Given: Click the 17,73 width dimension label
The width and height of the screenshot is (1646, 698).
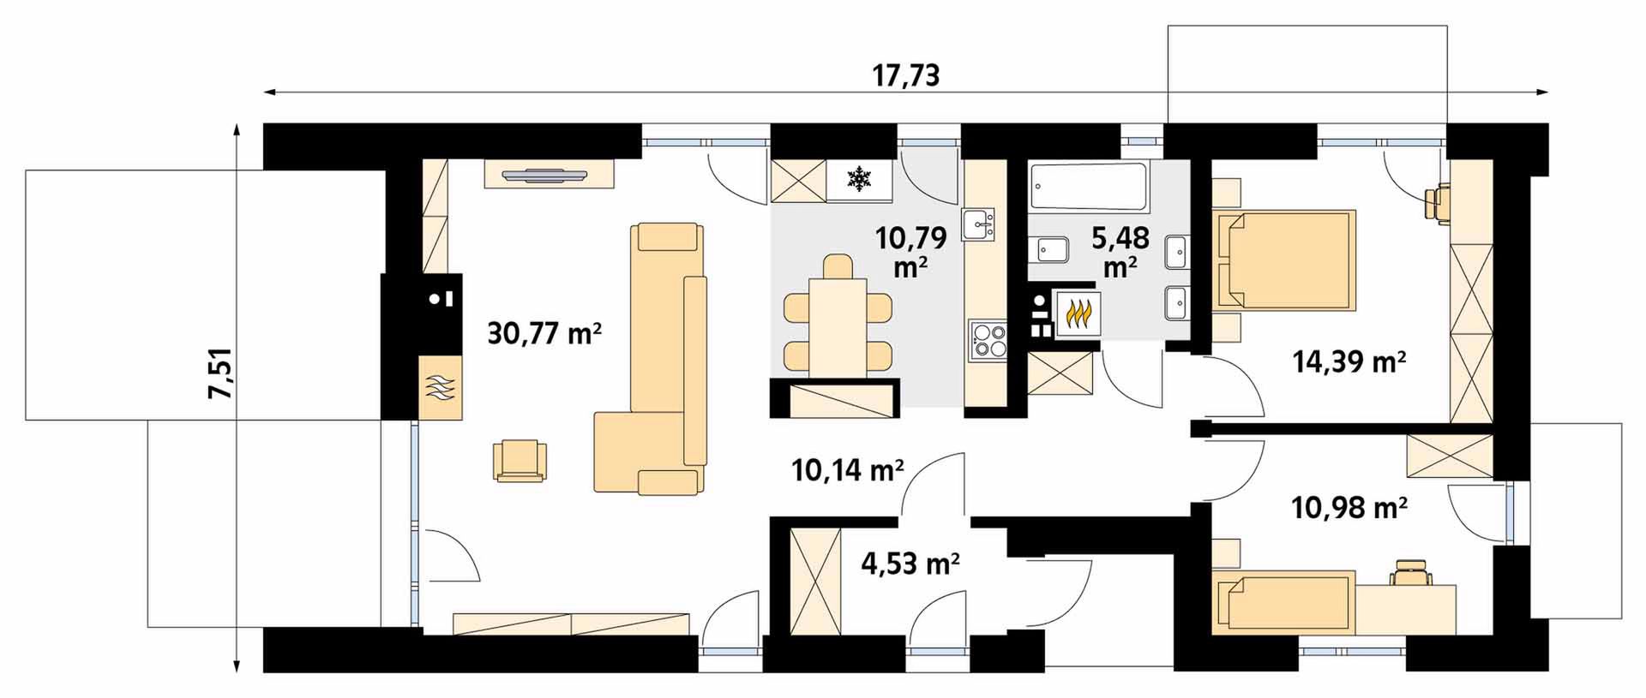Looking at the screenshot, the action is coord(906,75).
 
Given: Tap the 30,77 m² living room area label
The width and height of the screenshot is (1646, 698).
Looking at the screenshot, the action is coord(544,332).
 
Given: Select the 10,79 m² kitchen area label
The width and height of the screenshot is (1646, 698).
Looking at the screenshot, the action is coord(910,251).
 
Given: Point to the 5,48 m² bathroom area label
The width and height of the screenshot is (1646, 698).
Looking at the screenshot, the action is coord(1120,251).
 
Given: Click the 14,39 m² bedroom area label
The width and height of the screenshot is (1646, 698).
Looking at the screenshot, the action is coord(1349,362).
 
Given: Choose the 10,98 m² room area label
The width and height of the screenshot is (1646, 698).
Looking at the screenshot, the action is coord(1349,509).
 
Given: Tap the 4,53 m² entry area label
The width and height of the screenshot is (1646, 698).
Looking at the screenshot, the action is coord(910,564).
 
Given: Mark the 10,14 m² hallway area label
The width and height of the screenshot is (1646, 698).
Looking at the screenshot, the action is coord(848,469).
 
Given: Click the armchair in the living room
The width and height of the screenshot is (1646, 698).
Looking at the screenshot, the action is coord(520,461).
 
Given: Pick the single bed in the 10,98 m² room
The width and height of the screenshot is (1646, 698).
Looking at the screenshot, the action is coord(1283,602).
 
